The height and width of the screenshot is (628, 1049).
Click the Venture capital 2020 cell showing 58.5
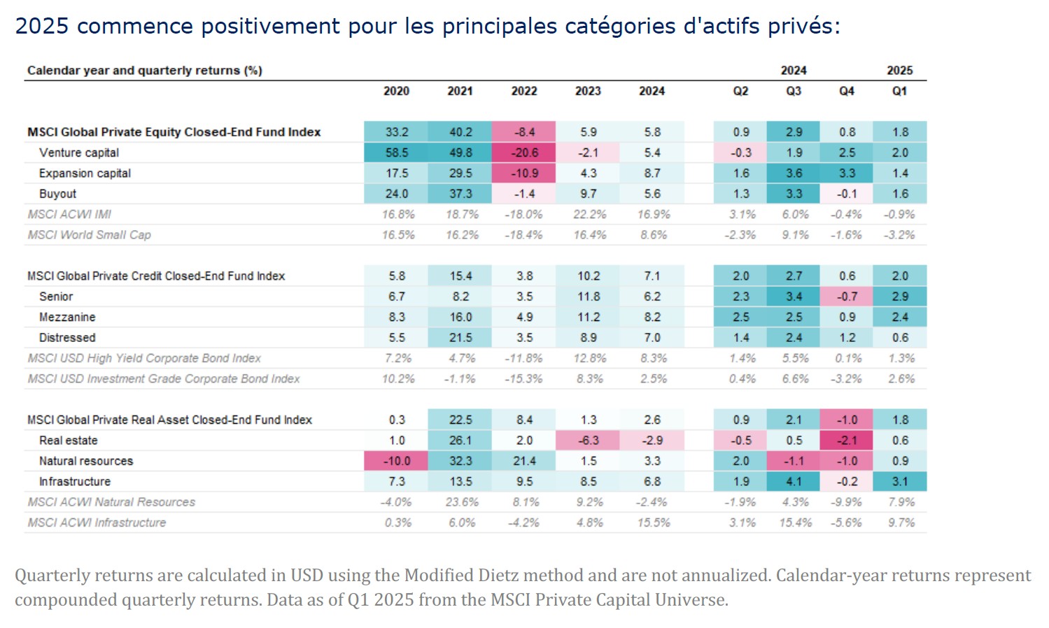(396, 152)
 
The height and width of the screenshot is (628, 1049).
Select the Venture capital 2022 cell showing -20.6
(524, 152)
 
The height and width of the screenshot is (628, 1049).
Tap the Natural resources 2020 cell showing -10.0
(396, 461)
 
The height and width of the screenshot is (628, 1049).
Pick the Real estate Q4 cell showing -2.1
(847, 441)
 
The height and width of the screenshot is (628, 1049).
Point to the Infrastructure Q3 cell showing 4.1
(794, 482)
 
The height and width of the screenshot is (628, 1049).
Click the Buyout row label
(57, 194)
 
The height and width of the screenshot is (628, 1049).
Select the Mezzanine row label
(67, 317)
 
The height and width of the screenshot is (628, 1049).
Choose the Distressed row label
(67, 338)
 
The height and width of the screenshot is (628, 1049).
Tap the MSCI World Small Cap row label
(89, 235)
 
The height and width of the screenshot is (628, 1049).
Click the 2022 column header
(524, 91)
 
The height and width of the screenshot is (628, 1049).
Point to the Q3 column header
(794, 91)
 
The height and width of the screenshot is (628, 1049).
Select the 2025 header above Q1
(899, 71)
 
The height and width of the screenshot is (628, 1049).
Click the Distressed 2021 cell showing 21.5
(460, 338)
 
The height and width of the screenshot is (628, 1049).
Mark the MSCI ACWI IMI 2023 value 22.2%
(589, 215)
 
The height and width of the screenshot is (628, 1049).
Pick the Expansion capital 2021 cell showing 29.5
(460, 173)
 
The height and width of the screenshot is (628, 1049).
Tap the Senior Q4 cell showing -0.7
(847, 297)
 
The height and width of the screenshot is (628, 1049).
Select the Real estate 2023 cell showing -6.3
(589, 441)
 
